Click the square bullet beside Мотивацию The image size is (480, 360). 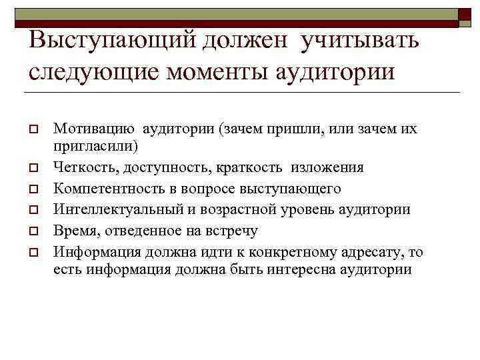[32, 129]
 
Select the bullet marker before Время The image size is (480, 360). [32, 231]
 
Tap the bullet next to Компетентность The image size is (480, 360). [32, 189]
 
